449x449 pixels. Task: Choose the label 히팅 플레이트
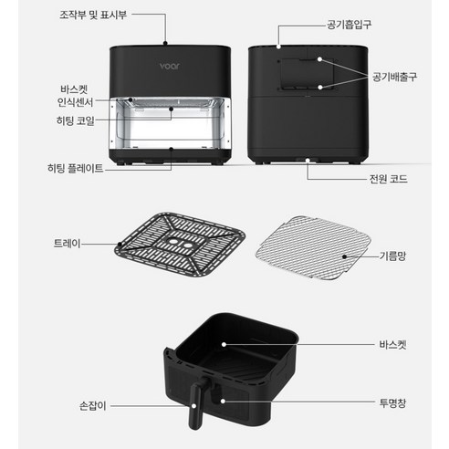[75, 168]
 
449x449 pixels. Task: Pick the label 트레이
[68, 244]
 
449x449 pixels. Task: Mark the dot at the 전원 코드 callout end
[309, 161]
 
